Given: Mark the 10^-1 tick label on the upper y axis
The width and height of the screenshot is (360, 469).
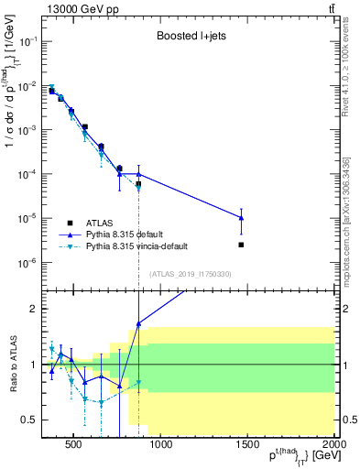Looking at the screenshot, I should coord(27,41).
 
